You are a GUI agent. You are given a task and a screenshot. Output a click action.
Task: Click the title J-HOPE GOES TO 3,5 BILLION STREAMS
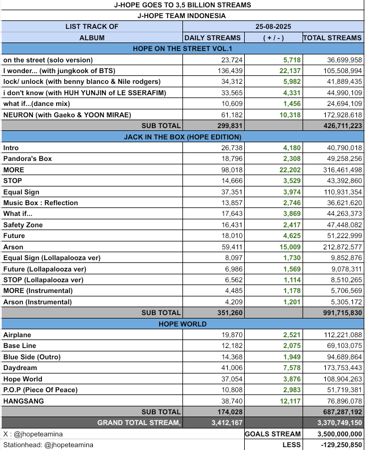pos(182,5)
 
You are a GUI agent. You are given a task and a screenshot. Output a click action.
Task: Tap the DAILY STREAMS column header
pos(213,37)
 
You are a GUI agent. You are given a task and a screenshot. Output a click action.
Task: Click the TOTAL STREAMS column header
pos(332,37)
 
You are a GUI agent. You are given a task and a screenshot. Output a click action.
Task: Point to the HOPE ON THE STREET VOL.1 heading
pos(182,49)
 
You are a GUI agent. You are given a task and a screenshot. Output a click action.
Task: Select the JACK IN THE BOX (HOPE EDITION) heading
pos(182,137)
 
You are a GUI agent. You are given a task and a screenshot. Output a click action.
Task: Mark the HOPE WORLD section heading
pos(182,324)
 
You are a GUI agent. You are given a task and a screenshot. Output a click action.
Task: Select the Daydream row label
pos(20,368)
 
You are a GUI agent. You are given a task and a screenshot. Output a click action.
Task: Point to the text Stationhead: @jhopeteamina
pos(48,445)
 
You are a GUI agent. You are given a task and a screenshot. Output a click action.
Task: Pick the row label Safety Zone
pos(23,224)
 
